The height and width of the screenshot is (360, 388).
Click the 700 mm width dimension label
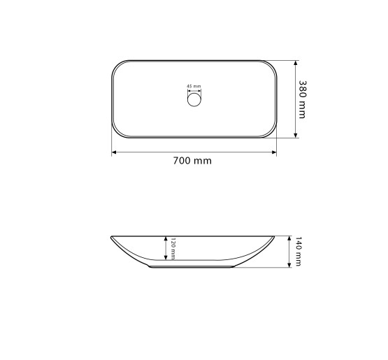click(192, 161)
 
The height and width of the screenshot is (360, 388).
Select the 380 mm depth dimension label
click(303, 99)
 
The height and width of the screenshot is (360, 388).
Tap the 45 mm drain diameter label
click(194, 87)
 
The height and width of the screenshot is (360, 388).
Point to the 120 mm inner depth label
click(173, 249)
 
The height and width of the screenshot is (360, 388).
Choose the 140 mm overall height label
click(299, 252)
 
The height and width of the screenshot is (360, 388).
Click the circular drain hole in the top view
click(194, 99)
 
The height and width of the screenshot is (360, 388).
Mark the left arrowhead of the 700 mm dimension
click(114, 152)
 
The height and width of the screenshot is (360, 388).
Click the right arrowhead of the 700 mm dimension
click(274, 152)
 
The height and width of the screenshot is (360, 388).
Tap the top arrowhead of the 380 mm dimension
click(295, 63)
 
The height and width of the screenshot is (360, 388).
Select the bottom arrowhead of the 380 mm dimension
click(295, 136)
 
